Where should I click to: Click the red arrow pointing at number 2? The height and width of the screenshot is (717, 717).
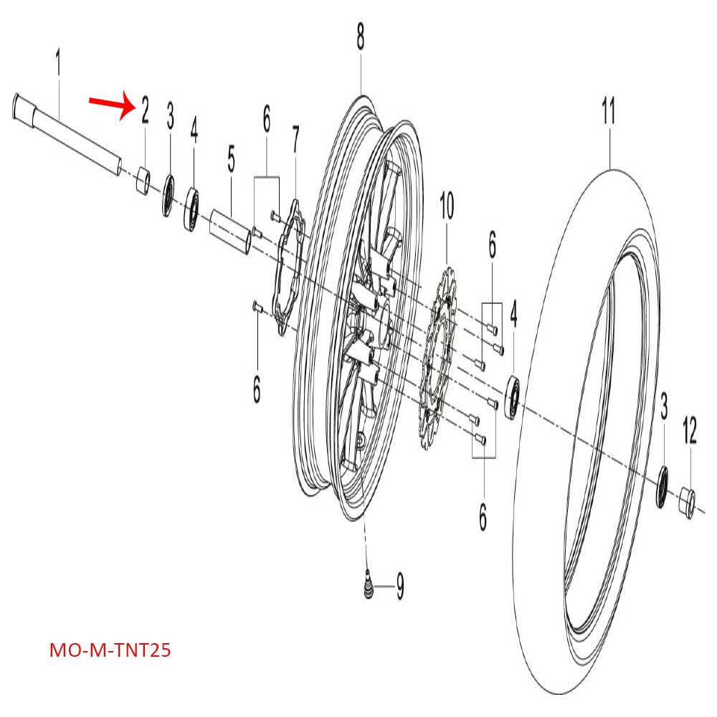(111, 105)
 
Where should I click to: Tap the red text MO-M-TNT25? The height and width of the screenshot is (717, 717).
(110, 651)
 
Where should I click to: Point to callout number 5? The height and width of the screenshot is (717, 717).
(231, 161)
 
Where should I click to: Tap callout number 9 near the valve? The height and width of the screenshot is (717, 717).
(399, 587)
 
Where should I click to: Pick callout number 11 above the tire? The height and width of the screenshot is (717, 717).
(609, 113)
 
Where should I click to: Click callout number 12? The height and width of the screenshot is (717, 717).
(689, 432)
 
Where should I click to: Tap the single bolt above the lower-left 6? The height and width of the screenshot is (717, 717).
(258, 308)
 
